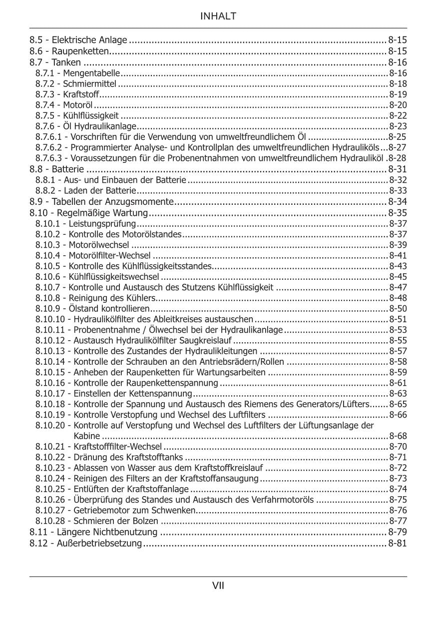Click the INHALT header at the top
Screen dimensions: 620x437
pyautogui.click(x=218, y=16)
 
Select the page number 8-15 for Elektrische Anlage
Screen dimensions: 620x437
pyautogui.click(x=398, y=39)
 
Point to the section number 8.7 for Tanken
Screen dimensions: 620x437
pyautogui.click(x=36, y=62)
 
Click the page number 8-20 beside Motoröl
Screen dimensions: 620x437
pyautogui.click(x=398, y=105)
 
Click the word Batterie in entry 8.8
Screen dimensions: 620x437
pyautogui.click(x=68, y=169)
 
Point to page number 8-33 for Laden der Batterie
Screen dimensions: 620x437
pyautogui.click(x=398, y=190)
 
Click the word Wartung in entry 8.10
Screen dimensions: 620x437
pyautogui.click(x=130, y=213)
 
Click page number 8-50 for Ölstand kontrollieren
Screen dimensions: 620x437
pyautogui.click(x=398, y=308)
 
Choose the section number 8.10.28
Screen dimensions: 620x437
pyautogui.click(x=52, y=521)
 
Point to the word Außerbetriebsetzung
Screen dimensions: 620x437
pyautogui.click(x=99, y=544)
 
